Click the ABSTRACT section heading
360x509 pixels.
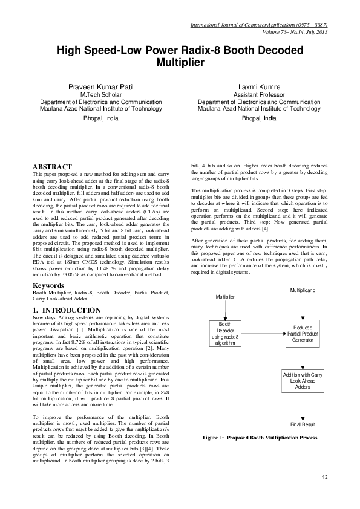point(52,167)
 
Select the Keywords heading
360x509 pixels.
point(48,285)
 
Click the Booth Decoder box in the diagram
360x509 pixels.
point(225,333)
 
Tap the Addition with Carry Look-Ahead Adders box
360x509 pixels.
point(303,381)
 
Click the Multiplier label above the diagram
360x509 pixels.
point(225,297)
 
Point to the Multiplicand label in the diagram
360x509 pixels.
point(303,291)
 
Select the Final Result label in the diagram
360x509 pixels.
point(303,424)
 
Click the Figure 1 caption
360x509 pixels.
point(261,437)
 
